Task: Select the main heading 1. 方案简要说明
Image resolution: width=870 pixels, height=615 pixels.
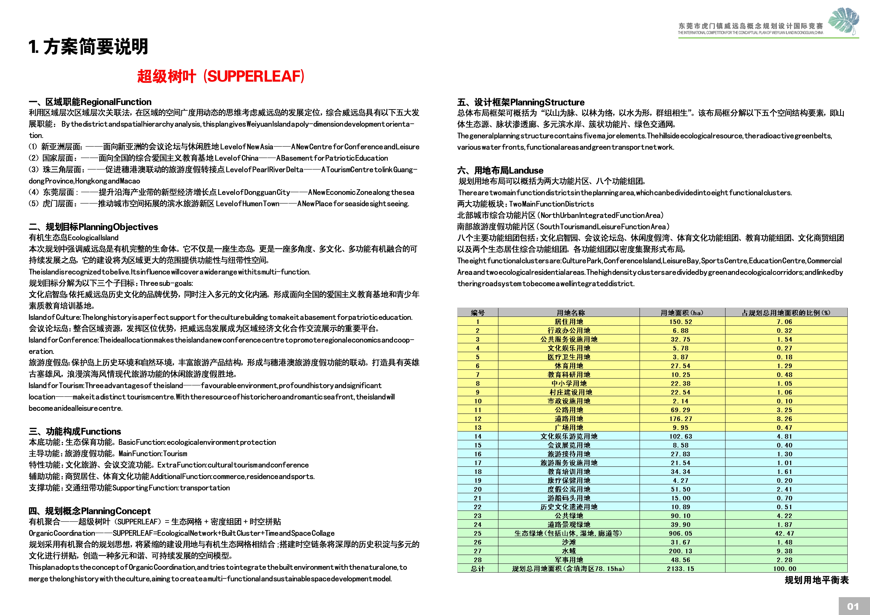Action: click(88, 47)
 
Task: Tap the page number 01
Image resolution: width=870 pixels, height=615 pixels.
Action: click(853, 606)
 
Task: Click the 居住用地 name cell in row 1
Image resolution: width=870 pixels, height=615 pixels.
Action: click(569, 322)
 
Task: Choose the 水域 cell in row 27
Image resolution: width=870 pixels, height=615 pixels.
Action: click(569, 551)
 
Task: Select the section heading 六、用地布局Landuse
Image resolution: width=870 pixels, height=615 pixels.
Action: click(500, 171)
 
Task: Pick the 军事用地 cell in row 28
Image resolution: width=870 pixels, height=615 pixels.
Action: click(569, 560)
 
